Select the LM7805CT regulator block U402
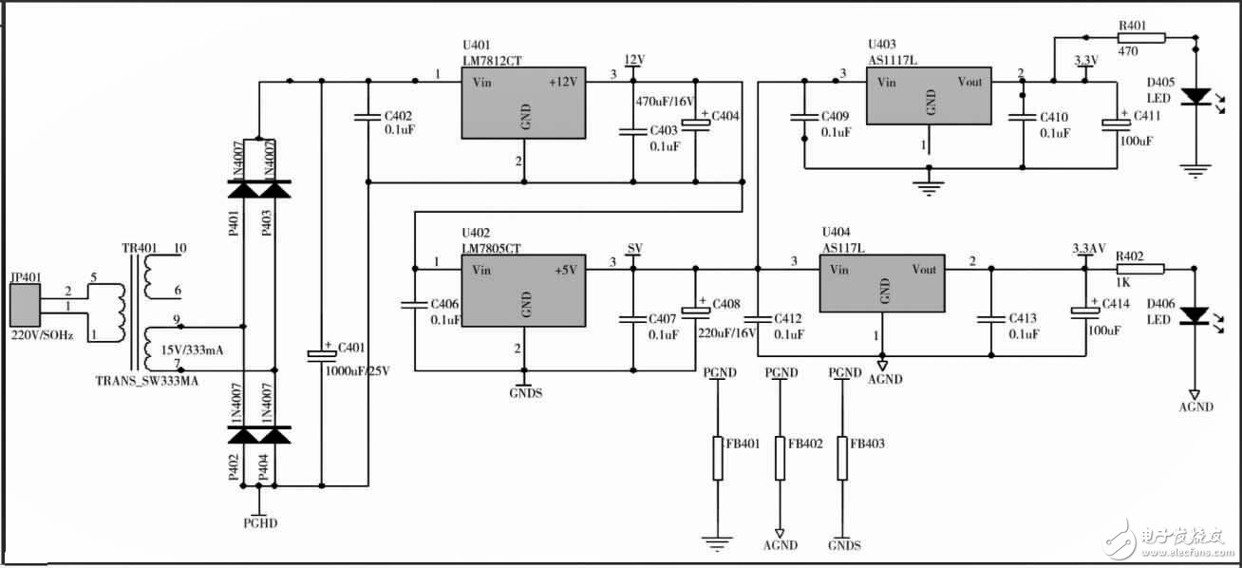pos(523,291)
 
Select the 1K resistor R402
pos(1139,269)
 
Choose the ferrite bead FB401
pos(718,458)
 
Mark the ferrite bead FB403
pos(841,458)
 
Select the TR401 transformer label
pos(140,249)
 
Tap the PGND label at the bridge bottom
pos(260,522)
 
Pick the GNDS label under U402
pos(526,392)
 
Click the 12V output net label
pos(634,60)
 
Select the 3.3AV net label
pos(1088,249)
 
